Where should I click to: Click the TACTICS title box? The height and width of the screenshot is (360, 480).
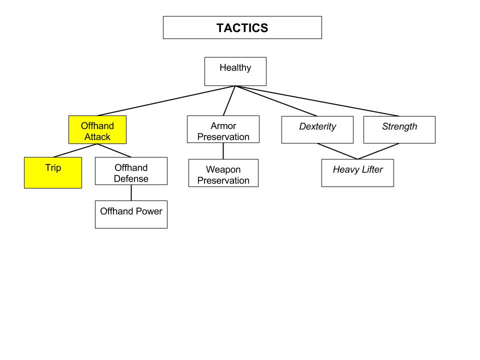(x=242, y=27)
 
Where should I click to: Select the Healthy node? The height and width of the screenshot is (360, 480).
(x=235, y=71)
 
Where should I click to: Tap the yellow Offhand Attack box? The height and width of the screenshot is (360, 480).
(x=97, y=130)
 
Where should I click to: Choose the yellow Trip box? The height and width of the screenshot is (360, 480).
(x=53, y=172)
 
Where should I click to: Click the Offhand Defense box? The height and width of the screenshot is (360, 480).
(x=131, y=171)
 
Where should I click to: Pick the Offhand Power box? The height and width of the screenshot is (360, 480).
(x=131, y=214)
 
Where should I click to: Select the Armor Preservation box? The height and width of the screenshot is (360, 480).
(x=223, y=129)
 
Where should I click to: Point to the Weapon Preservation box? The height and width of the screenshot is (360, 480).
(x=223, y=173)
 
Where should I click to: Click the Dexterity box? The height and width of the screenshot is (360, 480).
(x=317, y=129)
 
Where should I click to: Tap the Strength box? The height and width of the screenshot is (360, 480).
(x=399, y=129)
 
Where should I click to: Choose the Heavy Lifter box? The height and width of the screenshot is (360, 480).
(x=357, y=173)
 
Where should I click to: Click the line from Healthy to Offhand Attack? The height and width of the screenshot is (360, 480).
(x=166, y=101)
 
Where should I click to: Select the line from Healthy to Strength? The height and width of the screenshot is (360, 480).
(x=317, y=101)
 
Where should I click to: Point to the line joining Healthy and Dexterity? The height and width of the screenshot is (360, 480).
(x=276, y=101)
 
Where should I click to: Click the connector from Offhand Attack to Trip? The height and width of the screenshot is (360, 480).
(x=75, y=150)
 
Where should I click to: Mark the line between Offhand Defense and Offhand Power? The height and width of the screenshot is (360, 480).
(x=131, y=192)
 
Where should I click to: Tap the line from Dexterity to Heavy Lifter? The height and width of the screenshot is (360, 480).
(x=337, y=151)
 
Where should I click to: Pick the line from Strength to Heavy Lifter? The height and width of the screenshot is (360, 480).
(x=378, y=151)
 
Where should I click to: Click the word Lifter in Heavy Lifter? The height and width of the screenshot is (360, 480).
(x=371, y=169)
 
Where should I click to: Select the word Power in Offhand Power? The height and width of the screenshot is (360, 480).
(x=150, y=211)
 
